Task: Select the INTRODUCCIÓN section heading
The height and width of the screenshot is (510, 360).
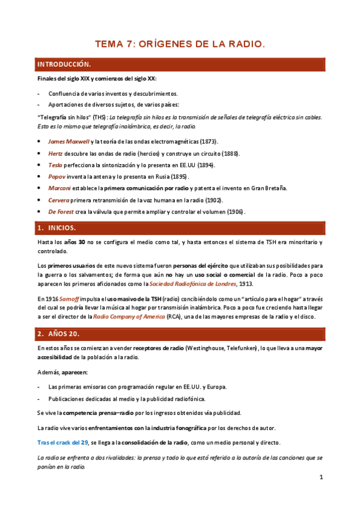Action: click(x=64, y=64)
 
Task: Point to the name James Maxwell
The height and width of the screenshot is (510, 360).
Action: click(x=69, y=141)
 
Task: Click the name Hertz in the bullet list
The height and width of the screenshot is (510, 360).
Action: click(x=55, y=153)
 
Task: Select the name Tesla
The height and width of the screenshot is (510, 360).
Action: click(x=55, y=165)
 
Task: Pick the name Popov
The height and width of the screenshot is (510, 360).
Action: click(x=57, y=176)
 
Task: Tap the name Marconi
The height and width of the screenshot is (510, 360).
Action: click(x=61, y=188)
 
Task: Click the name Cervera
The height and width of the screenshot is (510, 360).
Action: click(x=60, y=200)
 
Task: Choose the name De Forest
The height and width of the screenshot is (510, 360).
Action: click(x=63, y=212)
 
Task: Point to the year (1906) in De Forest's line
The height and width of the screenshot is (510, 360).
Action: click(x=236, y=212)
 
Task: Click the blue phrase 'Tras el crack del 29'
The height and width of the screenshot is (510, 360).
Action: click(x=63, y=443)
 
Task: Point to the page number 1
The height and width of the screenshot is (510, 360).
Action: click(x=321, y=478)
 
